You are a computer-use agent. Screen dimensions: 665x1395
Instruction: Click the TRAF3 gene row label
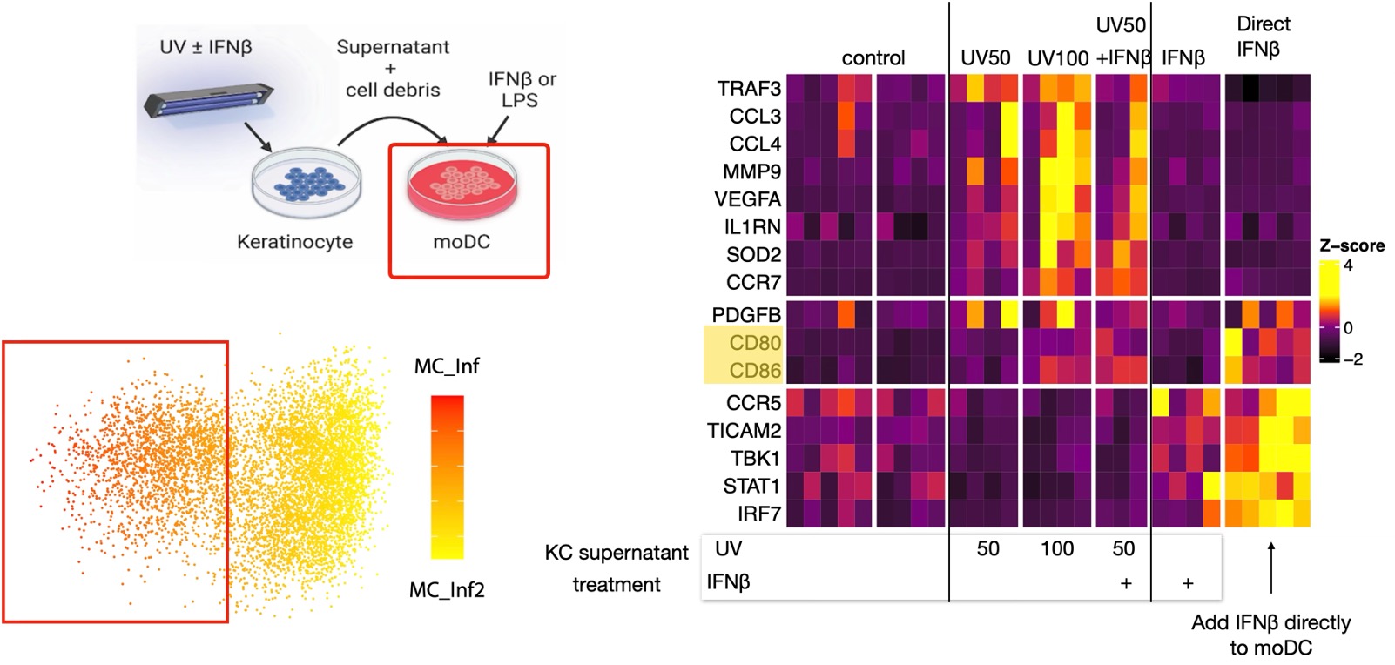point(749,89)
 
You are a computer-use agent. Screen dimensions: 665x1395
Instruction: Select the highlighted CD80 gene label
point(755,343)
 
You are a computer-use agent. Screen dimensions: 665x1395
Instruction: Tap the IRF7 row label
point(758,514)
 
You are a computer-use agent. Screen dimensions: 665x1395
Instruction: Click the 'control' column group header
point(873,58)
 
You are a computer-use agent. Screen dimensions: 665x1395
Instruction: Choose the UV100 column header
point(1057,59)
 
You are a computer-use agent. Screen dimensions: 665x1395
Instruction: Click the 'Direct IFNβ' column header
point(1263,37)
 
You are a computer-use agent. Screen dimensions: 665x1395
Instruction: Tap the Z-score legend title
point(1351,246)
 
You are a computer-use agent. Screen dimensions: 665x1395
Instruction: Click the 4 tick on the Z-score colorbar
point(1348,265)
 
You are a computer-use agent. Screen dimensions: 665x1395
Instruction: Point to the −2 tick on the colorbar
point(1351,359)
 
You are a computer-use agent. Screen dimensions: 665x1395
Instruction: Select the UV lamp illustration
point(209,96)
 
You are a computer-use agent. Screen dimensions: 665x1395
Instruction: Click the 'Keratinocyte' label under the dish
point(294,242)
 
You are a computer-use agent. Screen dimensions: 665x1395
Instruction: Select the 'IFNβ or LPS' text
point(521,90)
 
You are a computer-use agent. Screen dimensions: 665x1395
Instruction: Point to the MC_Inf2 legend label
point(447,590)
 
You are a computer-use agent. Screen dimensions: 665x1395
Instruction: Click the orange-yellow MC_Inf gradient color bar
point(447,477)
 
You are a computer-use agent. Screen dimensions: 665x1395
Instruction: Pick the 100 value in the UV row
point(1056,549)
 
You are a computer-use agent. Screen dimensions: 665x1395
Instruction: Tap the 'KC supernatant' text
point(616,553)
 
